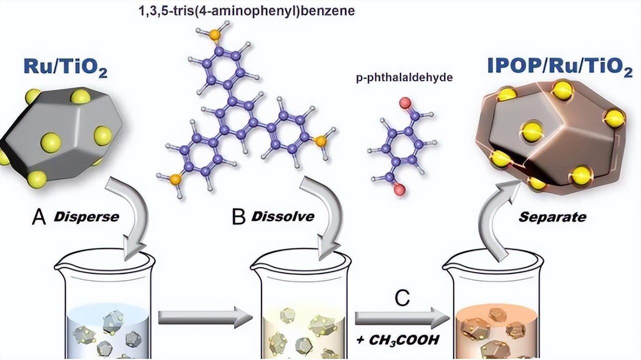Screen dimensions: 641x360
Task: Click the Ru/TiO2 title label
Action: pyautogui.click(x=65, y=69)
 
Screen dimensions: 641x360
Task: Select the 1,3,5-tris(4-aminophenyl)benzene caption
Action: pyautogui.click(x=246, y=11)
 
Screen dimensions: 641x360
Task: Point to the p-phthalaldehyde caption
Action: pyautogui.click(x=404, y=77)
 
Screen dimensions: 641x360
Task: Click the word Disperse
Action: pyautogui.click(x=86, y=217)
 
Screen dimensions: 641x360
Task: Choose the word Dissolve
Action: pyautogui.click(x=282, y=216)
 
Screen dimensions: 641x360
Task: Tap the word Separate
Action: pyautogui.click(x=552, y=217)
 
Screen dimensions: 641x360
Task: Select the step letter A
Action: pyautogui.click(x=39, y=217)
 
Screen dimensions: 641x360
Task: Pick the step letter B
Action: pyautogui.click(x=238, y=217)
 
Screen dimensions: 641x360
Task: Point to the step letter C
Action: pyautogui.click(x=402, y=298)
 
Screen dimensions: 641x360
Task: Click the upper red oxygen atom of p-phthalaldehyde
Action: pyautogui.click(x=405, y=102)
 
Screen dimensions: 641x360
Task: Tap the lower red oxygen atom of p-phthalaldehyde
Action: pyautogui.click(x=399, y=189)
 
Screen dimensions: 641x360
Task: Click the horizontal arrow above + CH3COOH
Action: pyautogui.click(x=402, y=317)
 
